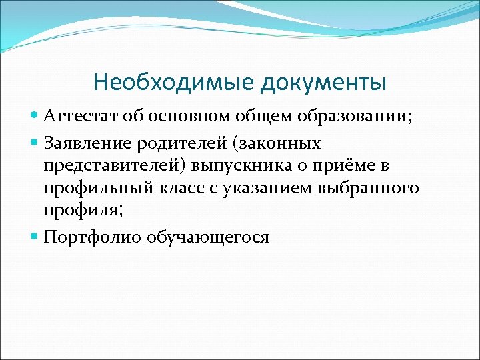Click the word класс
184,189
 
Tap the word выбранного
371,189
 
